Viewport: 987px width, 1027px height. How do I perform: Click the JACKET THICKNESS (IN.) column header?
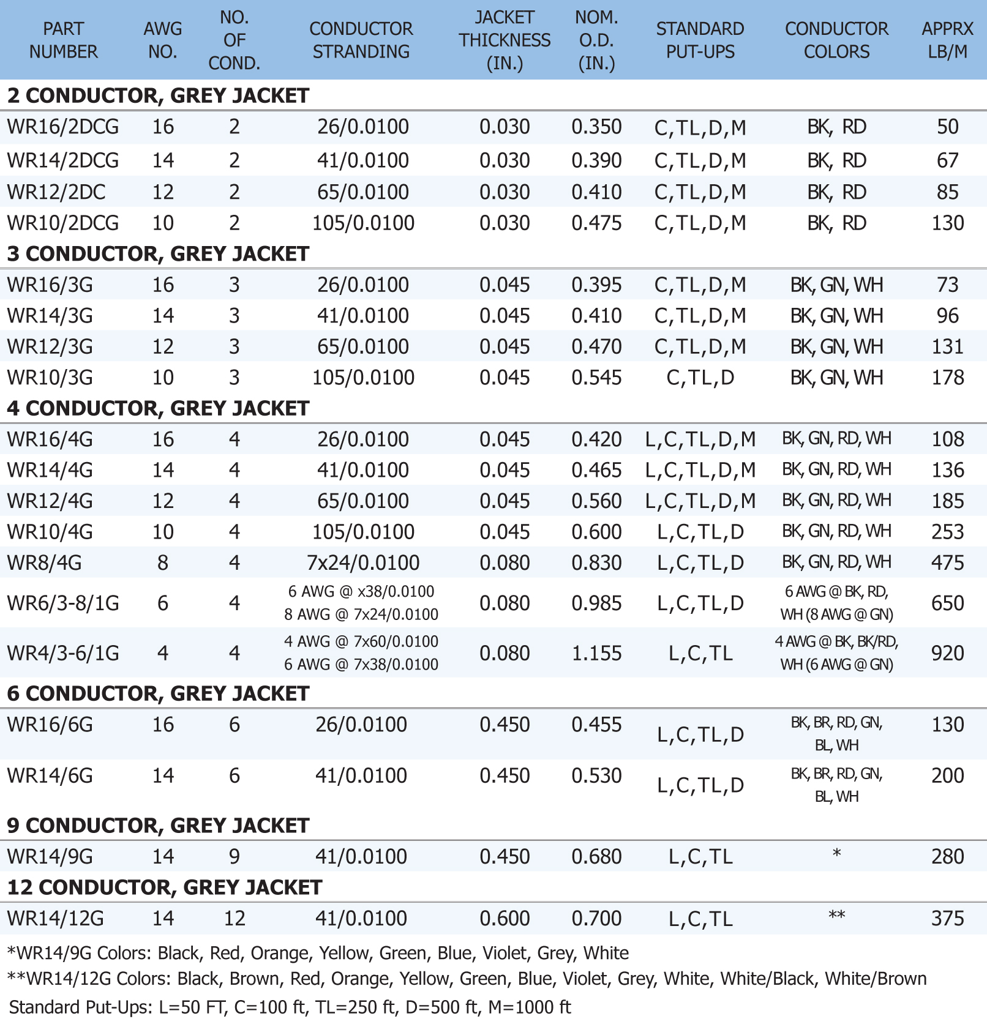tap(505, 40)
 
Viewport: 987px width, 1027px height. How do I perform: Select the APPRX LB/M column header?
tap(947, 40)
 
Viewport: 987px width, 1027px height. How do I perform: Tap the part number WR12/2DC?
tap(56, 192)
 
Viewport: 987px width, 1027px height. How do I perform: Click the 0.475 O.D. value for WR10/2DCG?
tap(596, 223)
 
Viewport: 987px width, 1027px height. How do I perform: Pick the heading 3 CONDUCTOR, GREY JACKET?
tap(158, 254)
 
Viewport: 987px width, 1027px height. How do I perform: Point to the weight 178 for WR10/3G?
tap(947, 378)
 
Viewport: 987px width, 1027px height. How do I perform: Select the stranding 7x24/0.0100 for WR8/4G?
tap(363, 563)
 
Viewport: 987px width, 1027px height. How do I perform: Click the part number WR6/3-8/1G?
tap(63, 603)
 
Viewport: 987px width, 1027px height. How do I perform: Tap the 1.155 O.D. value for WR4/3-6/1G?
tap(596, 654)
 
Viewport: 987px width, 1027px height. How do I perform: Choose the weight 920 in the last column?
tap(947, 654)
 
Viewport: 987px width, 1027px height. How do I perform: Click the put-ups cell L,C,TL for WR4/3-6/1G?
tap(700, 654)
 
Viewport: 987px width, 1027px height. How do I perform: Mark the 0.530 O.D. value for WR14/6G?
tap(596, 776)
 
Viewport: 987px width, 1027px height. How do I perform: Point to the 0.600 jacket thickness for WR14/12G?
tap(505, 919)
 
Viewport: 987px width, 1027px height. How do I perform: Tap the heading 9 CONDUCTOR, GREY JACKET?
tap(158, 826)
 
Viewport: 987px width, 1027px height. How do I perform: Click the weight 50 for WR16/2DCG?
tap(947, 127)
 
